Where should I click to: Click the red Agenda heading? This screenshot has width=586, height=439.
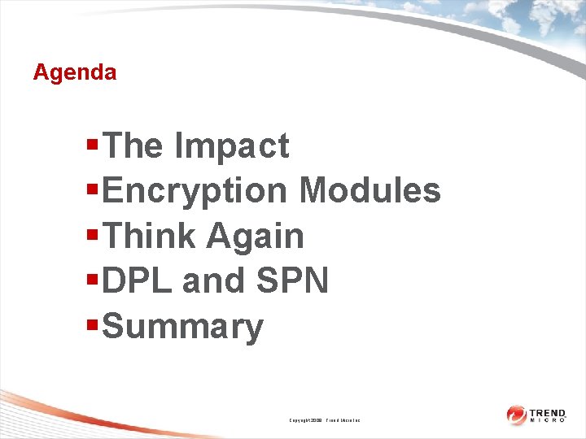[x=75, y=72]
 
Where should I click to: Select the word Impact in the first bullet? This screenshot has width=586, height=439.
[x=231, y=146]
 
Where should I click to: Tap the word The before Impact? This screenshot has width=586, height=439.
[x=133, y=146]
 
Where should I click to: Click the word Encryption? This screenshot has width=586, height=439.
[x=195, y=191]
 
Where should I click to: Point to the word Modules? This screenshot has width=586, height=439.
[x=370, y=191]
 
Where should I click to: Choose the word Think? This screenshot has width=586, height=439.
[x=151, y=237]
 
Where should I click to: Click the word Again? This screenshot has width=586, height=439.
[x=255, y=237]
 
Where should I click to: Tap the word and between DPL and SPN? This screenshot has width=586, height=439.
[x=214, y=281]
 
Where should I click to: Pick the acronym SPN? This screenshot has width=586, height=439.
[x=292, y=281]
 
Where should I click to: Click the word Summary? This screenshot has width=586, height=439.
[x=184, y=327]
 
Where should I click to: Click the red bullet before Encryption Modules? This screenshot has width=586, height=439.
[x=93, y=190]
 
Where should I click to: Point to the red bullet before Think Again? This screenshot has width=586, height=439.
[x=93, y=236]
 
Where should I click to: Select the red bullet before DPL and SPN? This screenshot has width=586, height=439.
[x=93, y=280]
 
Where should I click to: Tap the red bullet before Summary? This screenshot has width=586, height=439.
[x=93, y=325]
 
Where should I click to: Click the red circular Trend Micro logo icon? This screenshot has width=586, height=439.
[x=516, y=415]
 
